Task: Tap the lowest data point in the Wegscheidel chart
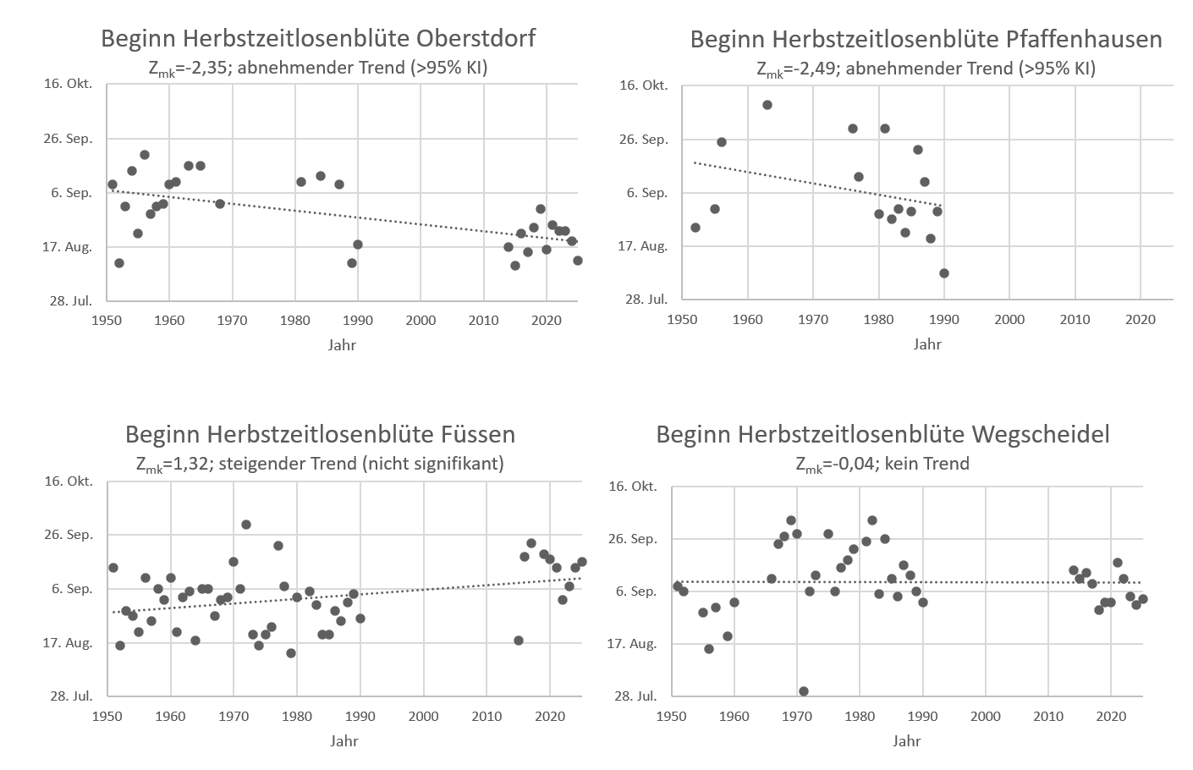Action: click(804, 691)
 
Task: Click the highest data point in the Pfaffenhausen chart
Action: click(767, 105)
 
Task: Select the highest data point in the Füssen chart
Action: click(246, 525)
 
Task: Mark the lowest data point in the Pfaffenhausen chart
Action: click(944, 273)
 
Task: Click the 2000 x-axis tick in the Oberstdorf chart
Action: click(421, 320)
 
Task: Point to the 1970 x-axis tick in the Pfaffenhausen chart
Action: click(813, 320)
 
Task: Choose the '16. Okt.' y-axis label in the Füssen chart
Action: click(69, 481)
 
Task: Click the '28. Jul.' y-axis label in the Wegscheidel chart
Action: click(635, 696)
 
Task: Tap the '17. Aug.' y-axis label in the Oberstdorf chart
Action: click(69, 247)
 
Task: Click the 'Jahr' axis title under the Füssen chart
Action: click(344, 741)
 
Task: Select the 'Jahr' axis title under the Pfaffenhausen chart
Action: click(927, 344)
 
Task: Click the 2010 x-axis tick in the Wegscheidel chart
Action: click(1048, 716)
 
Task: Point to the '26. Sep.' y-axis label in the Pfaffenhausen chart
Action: click(644, 140)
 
